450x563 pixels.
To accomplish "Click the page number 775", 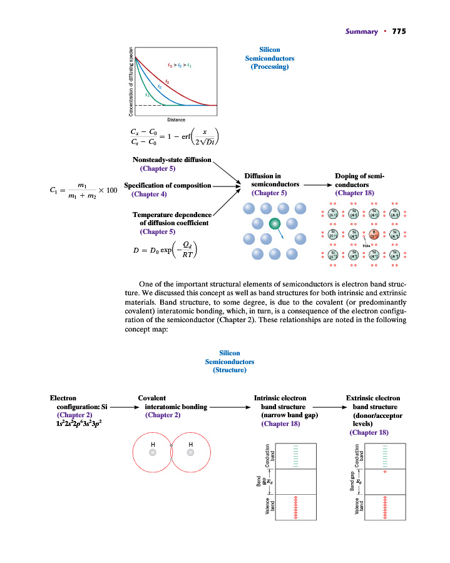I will tap(399, 31).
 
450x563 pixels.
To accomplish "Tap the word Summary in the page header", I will tap(362, 31).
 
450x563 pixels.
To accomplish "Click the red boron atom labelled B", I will tap(374, 235).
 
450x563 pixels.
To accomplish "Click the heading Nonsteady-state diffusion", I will tap(172, 160).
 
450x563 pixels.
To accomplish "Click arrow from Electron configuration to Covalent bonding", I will tap(125, 407).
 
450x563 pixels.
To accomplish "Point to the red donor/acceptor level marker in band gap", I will tap(385, 471).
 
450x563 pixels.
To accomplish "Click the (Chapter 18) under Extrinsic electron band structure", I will tap(369, 432).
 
